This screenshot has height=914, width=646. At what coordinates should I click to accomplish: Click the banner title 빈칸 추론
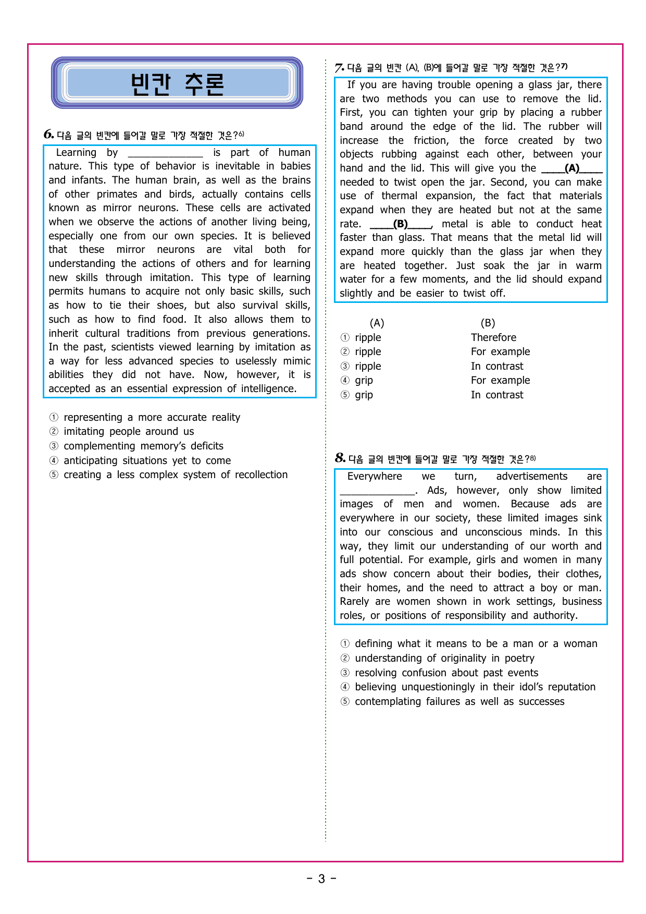177,84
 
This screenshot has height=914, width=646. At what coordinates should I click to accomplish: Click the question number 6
48,135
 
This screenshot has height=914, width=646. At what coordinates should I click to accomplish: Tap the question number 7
339,68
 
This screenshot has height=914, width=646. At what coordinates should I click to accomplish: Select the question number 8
340,458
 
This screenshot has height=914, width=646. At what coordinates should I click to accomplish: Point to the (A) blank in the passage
572,168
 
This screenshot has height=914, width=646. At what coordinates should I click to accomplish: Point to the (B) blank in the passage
401,224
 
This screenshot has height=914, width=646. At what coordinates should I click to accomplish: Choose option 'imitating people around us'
128,432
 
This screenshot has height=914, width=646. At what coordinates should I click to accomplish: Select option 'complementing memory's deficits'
143,446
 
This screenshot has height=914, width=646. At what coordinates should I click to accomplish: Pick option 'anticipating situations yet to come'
147,461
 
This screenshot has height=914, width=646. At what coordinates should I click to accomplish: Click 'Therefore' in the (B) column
493,338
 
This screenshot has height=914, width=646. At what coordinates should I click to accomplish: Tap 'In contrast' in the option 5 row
497,395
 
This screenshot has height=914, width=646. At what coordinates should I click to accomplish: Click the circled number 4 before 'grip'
345,381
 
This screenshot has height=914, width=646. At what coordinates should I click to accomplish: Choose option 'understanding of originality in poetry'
444,659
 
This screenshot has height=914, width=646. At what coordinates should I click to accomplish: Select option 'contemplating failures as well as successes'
459,702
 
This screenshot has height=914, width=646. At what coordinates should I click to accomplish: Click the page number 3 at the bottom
321,879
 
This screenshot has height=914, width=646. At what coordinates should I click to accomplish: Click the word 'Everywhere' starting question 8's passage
375,477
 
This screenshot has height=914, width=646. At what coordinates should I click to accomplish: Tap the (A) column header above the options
377,323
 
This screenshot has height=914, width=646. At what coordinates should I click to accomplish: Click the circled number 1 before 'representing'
54,418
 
